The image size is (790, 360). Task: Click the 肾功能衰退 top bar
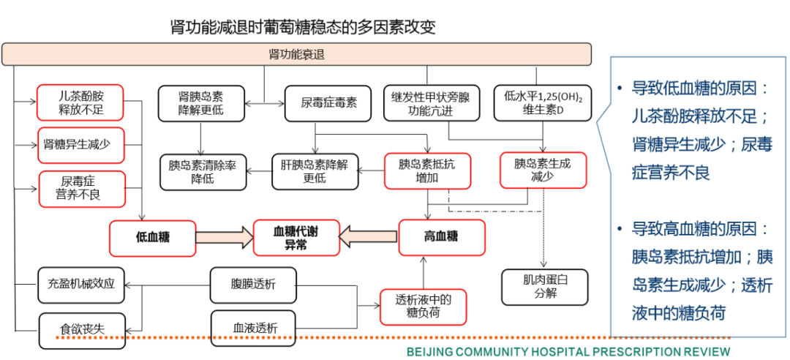click(296, 54)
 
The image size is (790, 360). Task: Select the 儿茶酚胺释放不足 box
click(80, 103)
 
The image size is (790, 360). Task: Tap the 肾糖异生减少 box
click(80, 144)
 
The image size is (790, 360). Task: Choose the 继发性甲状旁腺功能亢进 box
click(430, 103)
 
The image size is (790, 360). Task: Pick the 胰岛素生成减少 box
click(542, 170)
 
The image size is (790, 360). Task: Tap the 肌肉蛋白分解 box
click(545, 285)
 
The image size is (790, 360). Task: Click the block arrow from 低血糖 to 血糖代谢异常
click(224, 236)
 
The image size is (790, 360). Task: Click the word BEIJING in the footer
click(432, 352)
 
